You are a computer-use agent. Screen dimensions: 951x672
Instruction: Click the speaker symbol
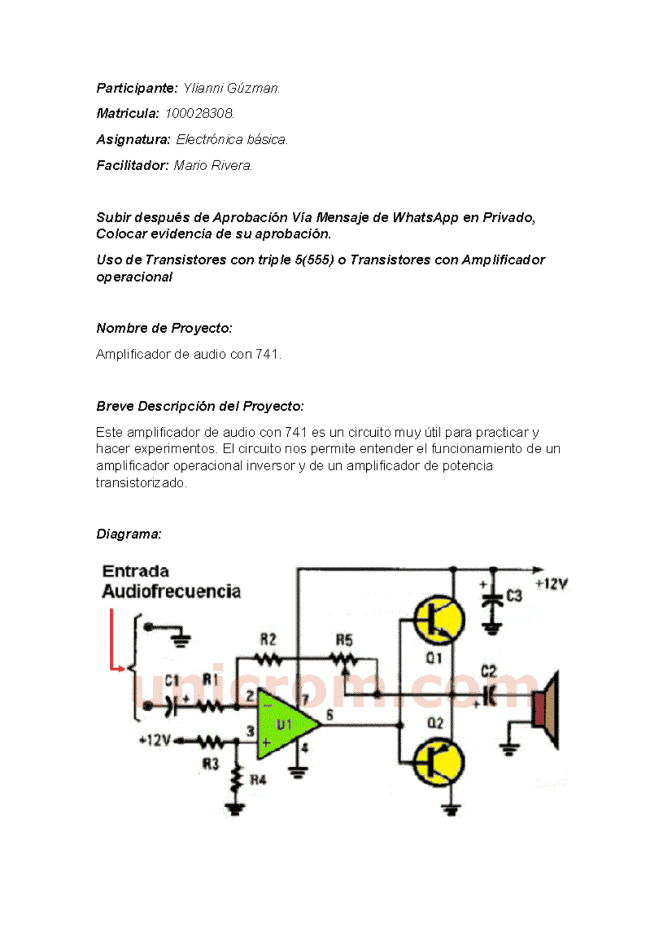[x=546, y=708]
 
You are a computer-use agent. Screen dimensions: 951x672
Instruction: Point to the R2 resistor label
[x=268, y=640]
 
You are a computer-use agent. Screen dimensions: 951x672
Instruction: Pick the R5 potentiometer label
[x=344, y=640]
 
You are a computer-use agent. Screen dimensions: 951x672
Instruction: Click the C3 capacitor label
[x=514, y=596]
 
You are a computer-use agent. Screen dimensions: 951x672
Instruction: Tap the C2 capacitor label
[x=489, y=671]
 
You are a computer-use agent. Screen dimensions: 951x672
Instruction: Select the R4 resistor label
[x=258, y=779]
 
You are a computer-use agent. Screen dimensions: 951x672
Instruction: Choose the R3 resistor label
[x=211, y=763]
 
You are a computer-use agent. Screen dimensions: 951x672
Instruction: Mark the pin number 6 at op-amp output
[x=330, y=715]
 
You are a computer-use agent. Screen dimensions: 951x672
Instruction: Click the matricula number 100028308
[x=199, y=114]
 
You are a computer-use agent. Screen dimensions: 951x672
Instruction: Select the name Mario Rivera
[x=213, y=166]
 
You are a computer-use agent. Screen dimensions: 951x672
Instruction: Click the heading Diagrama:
[x=129, y=534]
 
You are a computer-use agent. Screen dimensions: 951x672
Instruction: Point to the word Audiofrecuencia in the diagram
[x=171, y=591]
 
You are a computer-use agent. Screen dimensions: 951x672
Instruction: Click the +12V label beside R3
[x=155, y=740]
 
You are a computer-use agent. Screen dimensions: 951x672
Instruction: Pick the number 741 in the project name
[x=267, y=354]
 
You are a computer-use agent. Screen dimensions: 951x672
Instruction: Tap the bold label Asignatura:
[x=133, y=139]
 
